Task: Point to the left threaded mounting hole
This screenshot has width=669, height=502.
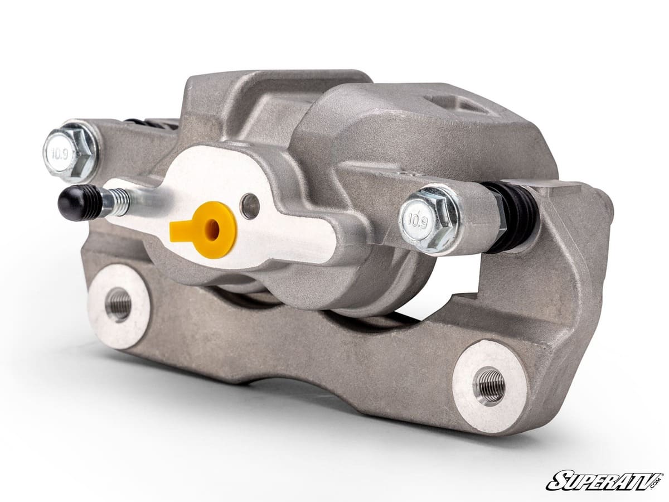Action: click(x=118, y=305)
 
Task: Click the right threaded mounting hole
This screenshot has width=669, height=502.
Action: click(x=489, y=385)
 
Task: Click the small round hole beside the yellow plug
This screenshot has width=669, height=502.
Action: click(x=250, y=206)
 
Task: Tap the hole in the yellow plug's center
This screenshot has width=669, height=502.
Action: click(x=214, y=229)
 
